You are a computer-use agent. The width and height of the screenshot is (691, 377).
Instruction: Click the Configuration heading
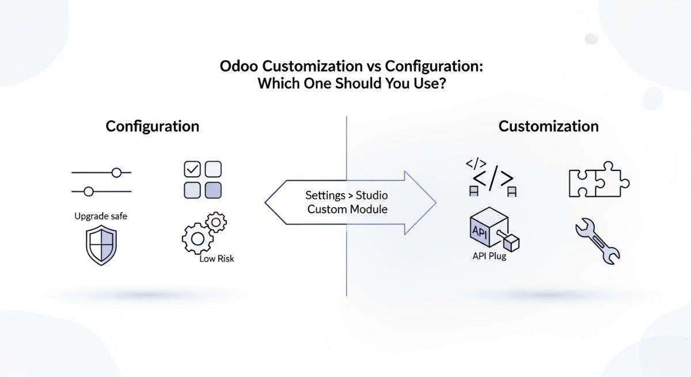tap(152, 126)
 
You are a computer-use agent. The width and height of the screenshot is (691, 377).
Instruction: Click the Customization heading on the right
tap(548, 126)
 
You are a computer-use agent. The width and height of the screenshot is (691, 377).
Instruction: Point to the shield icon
tap(101, 246)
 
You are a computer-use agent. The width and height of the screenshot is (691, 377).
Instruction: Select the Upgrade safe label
tap(101, 216)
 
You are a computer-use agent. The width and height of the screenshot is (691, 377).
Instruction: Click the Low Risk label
tap(217, 259)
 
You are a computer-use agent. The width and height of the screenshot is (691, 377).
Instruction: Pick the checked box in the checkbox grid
tap(192, 169)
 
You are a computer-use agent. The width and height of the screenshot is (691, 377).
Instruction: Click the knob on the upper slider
tap(117, 172)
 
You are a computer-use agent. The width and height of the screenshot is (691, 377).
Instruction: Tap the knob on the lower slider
tap(89, 192)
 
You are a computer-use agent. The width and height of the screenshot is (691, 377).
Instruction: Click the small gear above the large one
tap(216, 222)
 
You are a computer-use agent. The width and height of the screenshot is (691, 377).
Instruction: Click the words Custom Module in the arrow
tap(347, 210)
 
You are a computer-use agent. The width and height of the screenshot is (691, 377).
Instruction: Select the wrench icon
tap(598, 243)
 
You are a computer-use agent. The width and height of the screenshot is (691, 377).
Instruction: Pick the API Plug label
tap(489, 256)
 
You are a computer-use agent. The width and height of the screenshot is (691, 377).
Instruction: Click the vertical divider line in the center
tap(347, 265)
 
